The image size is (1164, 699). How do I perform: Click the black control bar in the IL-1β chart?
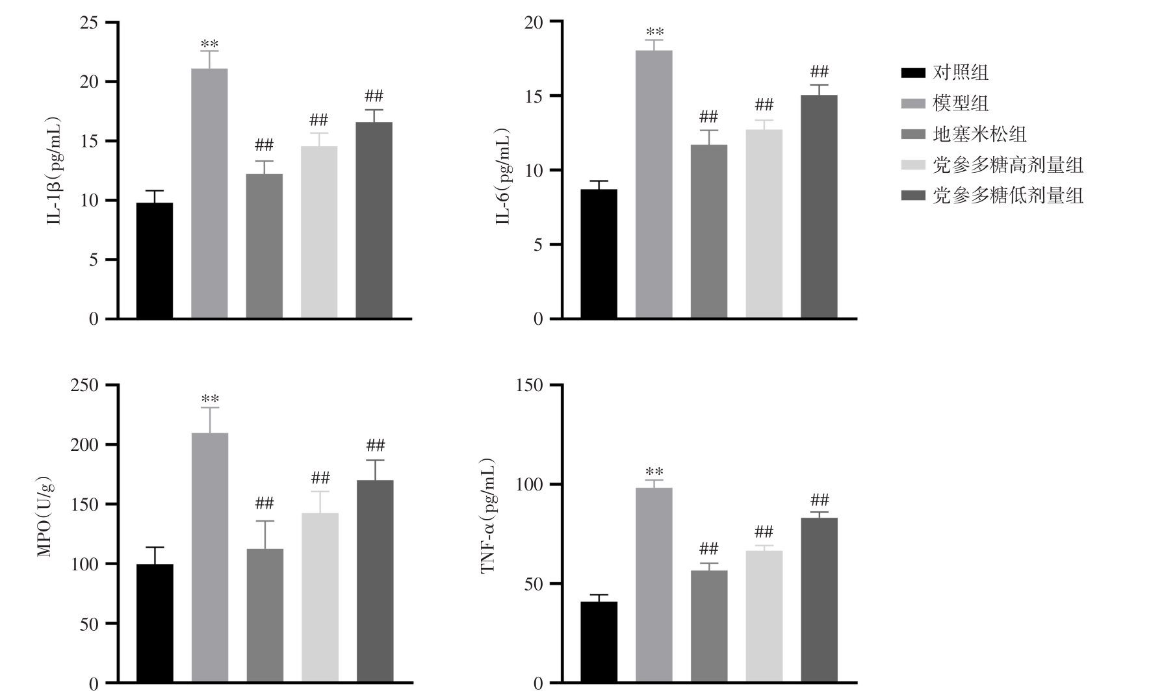click(x=155, y=260)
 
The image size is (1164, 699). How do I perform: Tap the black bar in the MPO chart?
click(x=155, y=623)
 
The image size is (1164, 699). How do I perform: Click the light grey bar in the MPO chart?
click(x=320, y=597)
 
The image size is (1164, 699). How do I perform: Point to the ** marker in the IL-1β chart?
click(x=209, y=44)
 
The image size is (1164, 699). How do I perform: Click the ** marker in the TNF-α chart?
click(x=654, y=472)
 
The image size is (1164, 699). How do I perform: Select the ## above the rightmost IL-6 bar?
click(x=820, y=71)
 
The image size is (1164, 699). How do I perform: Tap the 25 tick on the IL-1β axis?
click(x=89, y=23)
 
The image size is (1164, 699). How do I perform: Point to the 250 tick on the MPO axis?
click(x=84, y=385)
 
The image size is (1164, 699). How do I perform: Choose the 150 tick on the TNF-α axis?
click(x=529, y=385)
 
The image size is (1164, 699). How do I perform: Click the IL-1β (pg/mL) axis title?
click(x=54, y=171)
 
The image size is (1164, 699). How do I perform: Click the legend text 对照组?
click(x=961, y=72)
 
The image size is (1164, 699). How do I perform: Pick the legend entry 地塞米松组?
click(x=979, y=134)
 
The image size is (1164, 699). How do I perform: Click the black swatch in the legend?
click(x=913, y=72)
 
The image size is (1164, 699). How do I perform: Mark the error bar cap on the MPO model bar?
click(x=210, y=407)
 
